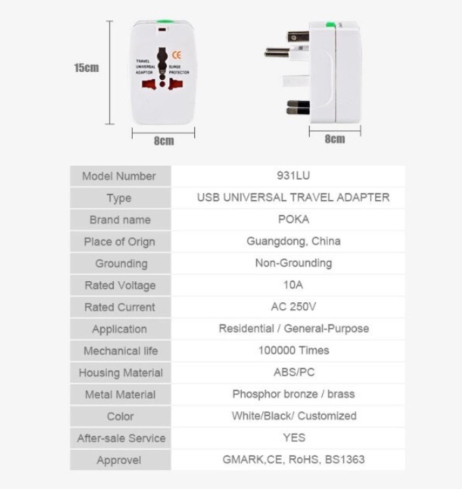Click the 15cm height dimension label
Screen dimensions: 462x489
[86, 68]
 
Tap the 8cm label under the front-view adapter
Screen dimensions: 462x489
[164, 141]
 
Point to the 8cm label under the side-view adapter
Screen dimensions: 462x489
[335, 139]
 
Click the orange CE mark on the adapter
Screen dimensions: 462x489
[177, 55]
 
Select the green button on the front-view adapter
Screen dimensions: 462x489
[165, 22]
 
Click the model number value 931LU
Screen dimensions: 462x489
[294, 176]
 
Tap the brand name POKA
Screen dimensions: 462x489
[294, 219]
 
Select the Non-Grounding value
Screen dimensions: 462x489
[294, 263]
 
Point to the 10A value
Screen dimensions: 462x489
[293, 285]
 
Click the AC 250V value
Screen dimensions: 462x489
[294, 306]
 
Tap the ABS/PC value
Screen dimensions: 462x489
[294, 372]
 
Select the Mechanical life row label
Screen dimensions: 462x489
[120, 351]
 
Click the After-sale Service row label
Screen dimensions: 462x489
[121, 438]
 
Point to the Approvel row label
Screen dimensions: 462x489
[119, 460]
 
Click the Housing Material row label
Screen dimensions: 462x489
[120, 373]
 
